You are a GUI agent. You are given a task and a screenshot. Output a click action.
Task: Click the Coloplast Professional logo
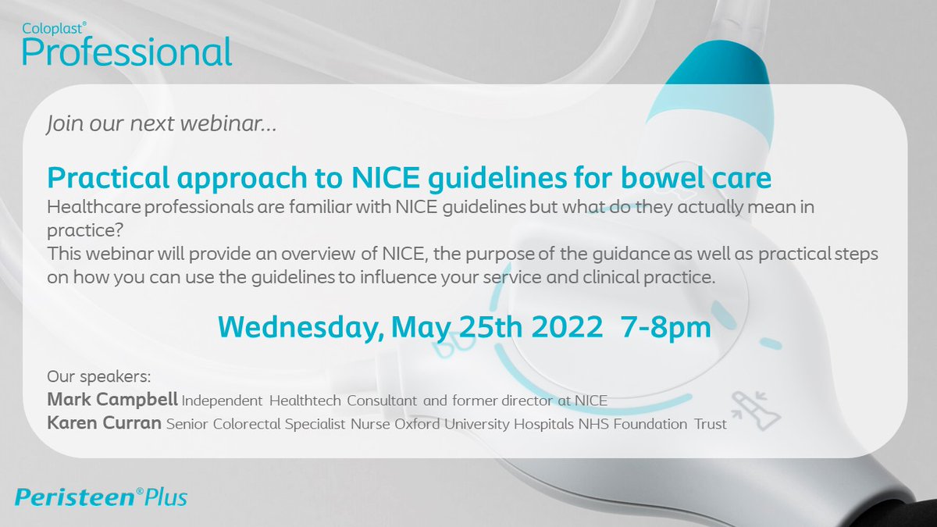[x=126, y=46]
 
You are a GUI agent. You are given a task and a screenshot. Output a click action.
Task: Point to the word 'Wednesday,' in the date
[x=298, y=326]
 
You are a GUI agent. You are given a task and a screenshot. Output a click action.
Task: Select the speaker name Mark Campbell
[x=112, y=401]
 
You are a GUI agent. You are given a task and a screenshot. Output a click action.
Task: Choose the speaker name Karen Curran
[x=105, y=424]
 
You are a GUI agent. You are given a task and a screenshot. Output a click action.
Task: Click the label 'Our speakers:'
[x=90, y=376]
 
